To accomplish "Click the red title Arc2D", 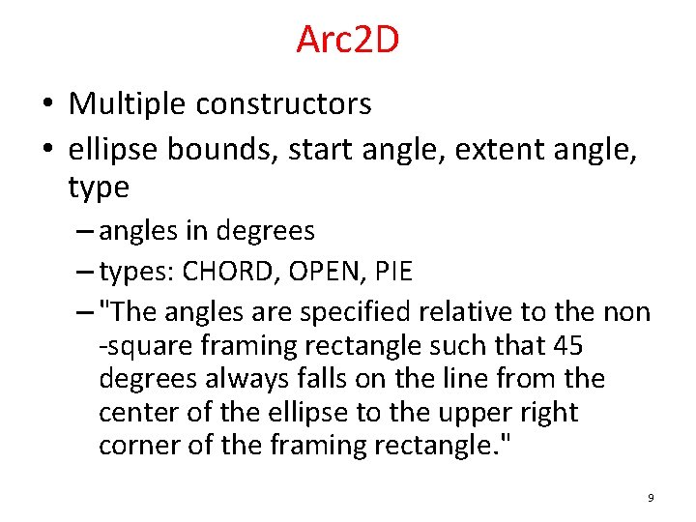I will click(x=347, y=41).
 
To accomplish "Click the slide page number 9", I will click(x=651, y=498).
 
